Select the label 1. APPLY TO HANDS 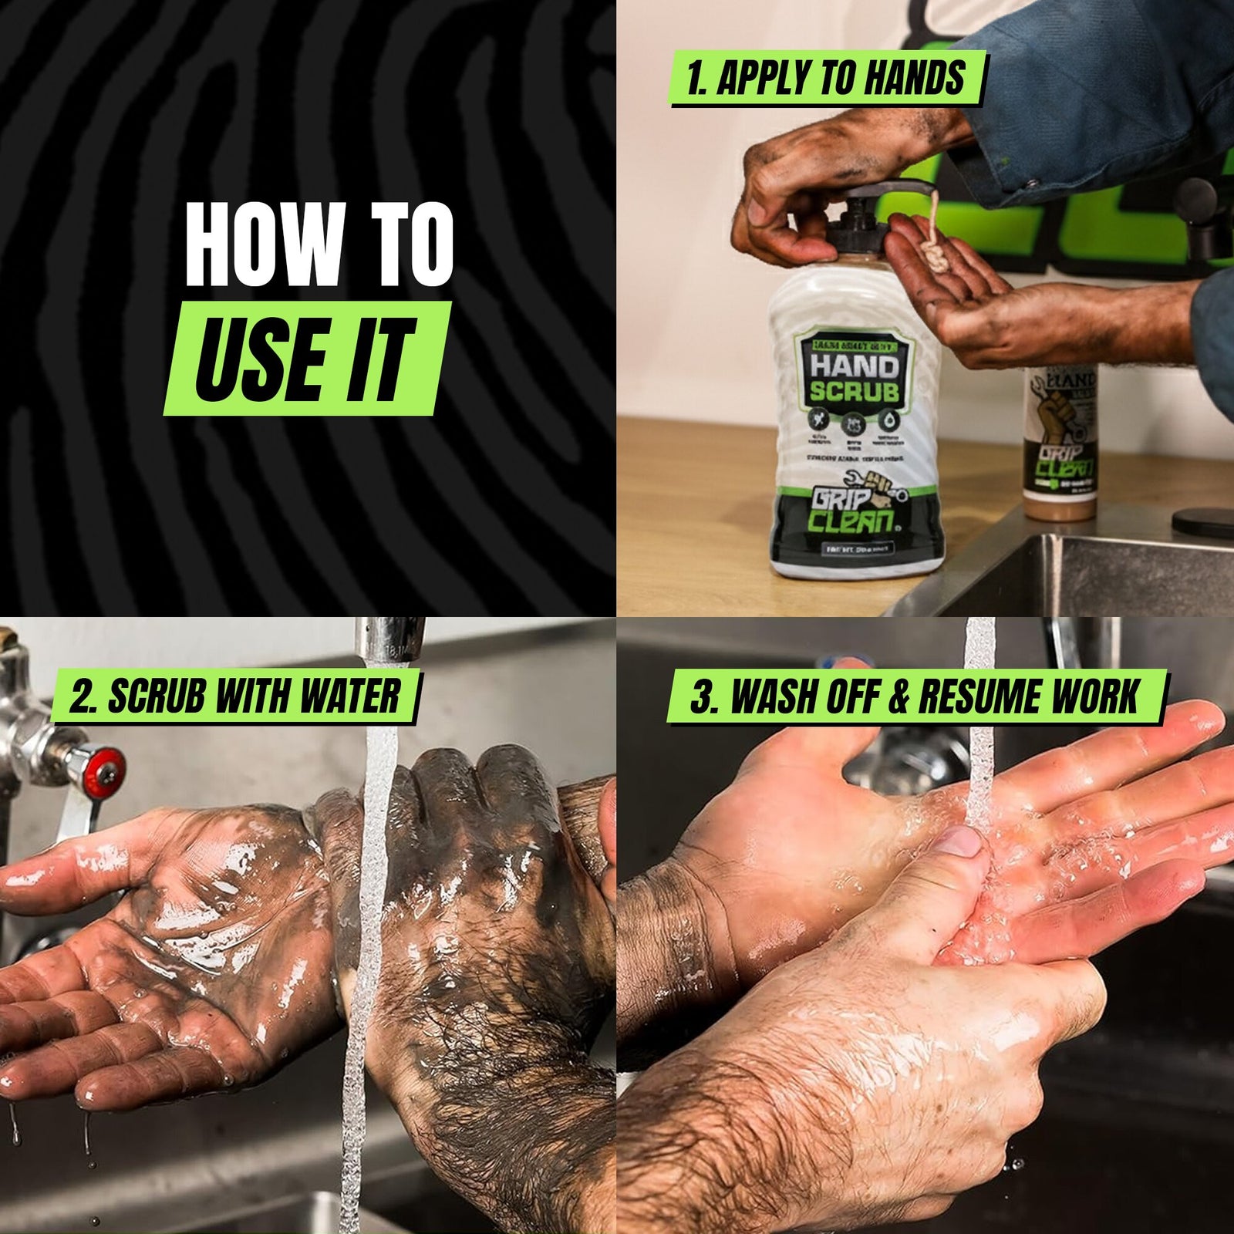(x=826, y=79)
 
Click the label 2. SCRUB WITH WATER (x=234, y=696)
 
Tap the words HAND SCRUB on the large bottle (x=854, y=378)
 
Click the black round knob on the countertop (x=1202, y=519)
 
